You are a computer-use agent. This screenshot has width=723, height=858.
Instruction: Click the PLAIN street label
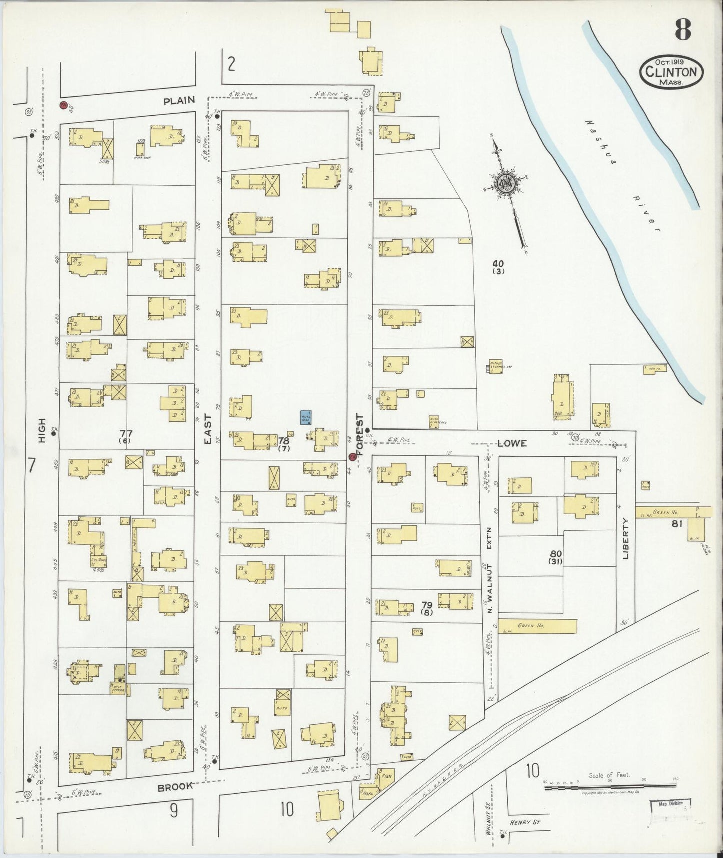tap(179, 100)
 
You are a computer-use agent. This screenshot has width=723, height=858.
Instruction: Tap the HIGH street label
tap(42, 431)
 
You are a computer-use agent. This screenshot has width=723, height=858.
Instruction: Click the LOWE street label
tap(512, 443)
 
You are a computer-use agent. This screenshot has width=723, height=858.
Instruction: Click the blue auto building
tap(306, 417)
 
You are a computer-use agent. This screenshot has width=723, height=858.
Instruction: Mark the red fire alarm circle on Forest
tap(352, 456)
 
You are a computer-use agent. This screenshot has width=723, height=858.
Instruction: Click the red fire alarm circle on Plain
tap(63, 105)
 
